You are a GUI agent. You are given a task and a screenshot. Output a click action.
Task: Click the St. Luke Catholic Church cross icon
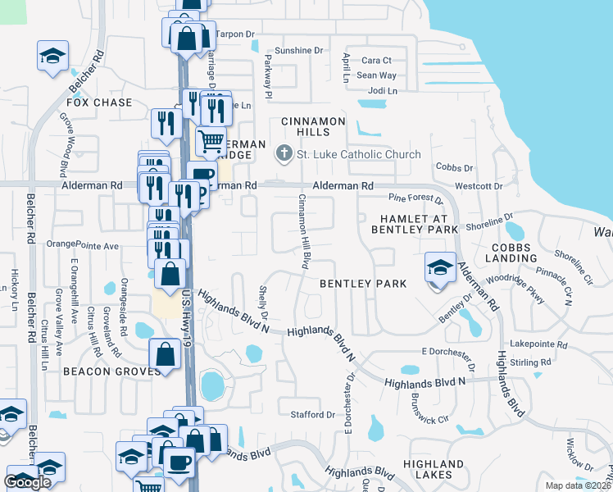[284, 153]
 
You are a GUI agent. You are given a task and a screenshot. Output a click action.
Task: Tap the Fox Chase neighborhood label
[99, 102]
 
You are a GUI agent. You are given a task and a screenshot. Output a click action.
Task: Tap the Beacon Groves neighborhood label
[101, 371]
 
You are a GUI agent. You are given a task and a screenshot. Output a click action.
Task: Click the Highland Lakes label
[427, 469]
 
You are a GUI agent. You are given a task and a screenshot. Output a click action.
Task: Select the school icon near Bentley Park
[440, 268]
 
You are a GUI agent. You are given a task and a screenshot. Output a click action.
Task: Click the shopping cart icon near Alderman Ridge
[211, 143]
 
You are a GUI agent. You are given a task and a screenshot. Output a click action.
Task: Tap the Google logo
[28, 482]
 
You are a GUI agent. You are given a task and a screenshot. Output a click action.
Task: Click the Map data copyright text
[578, 485]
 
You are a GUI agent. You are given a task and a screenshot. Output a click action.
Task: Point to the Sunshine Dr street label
[299, 51]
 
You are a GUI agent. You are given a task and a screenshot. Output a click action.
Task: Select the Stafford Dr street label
[314, 415]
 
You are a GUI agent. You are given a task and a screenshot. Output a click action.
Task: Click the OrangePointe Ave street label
[83, 244]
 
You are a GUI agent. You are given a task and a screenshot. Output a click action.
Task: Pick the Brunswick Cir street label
[430, 412]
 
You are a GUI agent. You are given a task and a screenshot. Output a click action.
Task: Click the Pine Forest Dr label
[415, 198]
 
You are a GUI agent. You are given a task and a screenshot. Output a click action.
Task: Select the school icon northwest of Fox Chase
[53, 57]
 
